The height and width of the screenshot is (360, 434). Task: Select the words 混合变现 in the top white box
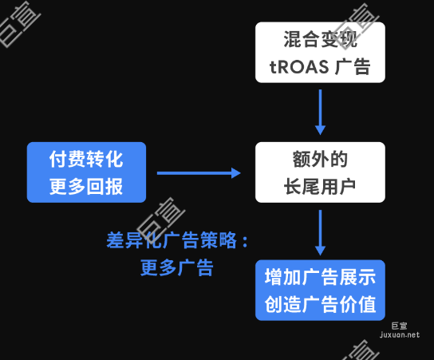(x=320, y=38)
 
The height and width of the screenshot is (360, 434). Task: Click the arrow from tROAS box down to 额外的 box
(x=320, y=111)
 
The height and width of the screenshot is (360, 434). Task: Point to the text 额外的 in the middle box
(x=320, y=159)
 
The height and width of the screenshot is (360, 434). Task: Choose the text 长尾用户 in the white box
(x=320, y=186)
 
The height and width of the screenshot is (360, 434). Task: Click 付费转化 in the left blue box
(x=86, y=159)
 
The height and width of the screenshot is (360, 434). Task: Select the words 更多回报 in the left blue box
(x=86, y=186)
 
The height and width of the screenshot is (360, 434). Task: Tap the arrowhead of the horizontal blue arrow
(x=235, y=172)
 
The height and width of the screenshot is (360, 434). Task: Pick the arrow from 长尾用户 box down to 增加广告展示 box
(x=320, y=231)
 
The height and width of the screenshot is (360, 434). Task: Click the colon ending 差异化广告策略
(x=245, y=240)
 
